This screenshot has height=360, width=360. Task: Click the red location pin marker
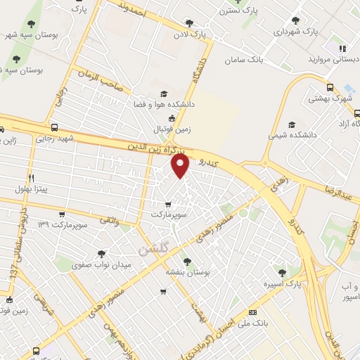point(181,166)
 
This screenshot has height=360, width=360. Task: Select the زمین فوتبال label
point(169,129)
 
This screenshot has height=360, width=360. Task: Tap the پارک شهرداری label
point(291,32)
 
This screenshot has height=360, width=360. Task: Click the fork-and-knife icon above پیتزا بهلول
point(31,178)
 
